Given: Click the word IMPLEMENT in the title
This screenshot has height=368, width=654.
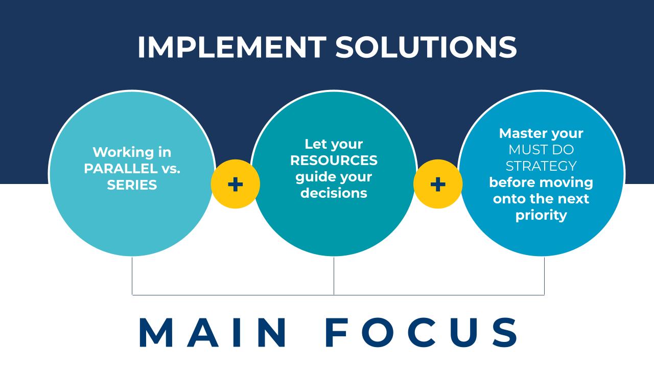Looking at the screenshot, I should click(x=231, y=48).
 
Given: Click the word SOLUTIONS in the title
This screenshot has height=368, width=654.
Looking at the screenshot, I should click(x=426, y=48).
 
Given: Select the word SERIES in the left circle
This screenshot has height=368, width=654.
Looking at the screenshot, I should click(x=132, y=185).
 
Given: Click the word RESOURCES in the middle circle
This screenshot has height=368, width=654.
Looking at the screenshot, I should click(x=334, y=160).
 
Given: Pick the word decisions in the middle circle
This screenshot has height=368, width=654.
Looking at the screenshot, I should click(x=334, y=193).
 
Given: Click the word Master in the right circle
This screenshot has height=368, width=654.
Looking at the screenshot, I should click(x=519, y=133).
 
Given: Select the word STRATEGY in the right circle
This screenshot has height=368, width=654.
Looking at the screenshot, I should click(x=541, y=166).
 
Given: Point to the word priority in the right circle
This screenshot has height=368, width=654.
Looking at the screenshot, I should click(x=541, y=215).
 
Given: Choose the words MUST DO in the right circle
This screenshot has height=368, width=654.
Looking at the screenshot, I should click(x=541, y=150).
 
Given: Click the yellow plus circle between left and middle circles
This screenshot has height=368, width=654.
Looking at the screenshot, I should click(x=235, y=184).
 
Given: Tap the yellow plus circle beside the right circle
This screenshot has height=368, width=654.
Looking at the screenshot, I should click(x=438, y=184).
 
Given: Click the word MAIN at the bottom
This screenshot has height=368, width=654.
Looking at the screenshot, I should click(x=213, y=333).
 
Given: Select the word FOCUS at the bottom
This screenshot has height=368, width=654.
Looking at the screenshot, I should click(x=422, y=333).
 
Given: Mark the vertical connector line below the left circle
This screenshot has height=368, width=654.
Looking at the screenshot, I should click(x=132, y=276).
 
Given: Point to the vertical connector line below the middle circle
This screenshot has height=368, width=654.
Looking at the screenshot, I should click(x=334, y=276).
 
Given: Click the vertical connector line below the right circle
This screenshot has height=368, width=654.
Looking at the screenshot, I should click(x=544, y=276).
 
